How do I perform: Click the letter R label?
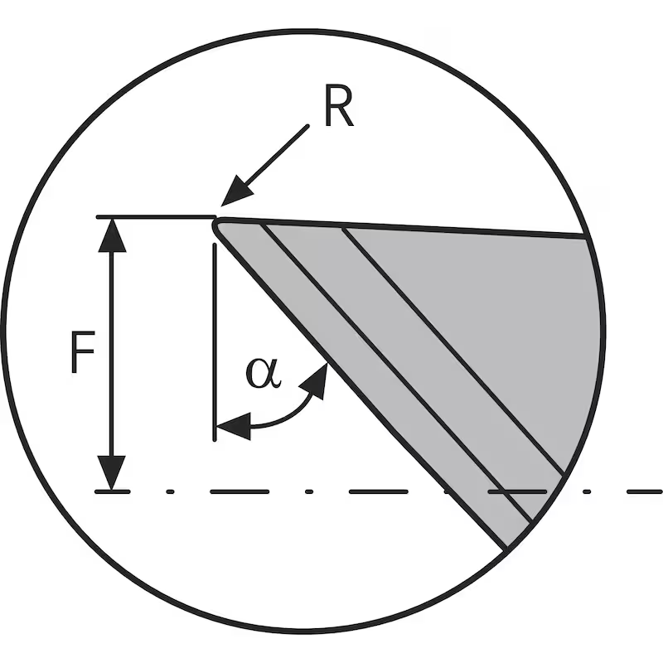click(x=338, y=110)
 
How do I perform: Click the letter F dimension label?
click(x=81, y=355)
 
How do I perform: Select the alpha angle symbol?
click(x=264, y=374)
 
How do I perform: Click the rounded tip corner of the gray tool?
click(x=217, y=223)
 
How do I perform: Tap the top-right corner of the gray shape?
click(x=588, y=238)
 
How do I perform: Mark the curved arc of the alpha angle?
click(x=282, y=419)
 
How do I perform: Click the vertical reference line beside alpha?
click(x=215, y=331)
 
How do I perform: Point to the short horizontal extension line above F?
click(x=153, y=218)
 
